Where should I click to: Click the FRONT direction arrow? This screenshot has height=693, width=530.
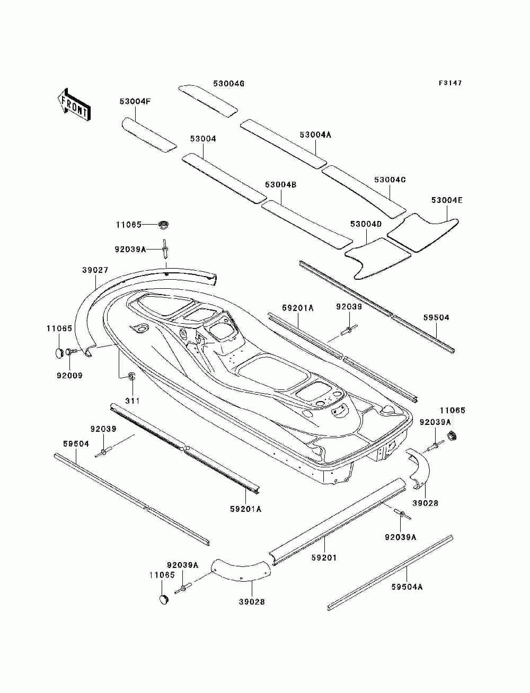[x=74, y=105]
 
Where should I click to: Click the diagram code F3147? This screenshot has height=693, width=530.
[x=450, y=83]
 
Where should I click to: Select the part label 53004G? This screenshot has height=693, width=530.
[x=228, y=84]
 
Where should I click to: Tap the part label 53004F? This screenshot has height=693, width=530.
[x=135, y=102]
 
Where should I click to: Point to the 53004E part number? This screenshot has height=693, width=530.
[x=447, y=200]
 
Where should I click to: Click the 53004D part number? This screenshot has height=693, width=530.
[x=366, y=224]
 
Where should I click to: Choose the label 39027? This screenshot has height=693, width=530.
[x=95, y=270]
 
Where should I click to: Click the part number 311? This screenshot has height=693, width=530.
[x=132, y=401]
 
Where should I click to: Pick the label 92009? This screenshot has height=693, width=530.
[x=69, y=376]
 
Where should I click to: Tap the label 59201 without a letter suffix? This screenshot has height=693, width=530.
[x=324, y=558]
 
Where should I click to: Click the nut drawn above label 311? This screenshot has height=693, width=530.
[x=131, y=376]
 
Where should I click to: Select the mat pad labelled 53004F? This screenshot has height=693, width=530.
[x=149, y=135]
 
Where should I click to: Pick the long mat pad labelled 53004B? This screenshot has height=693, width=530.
[x=307, y=225]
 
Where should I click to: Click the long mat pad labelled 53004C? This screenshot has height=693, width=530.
[x=364, y=191]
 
